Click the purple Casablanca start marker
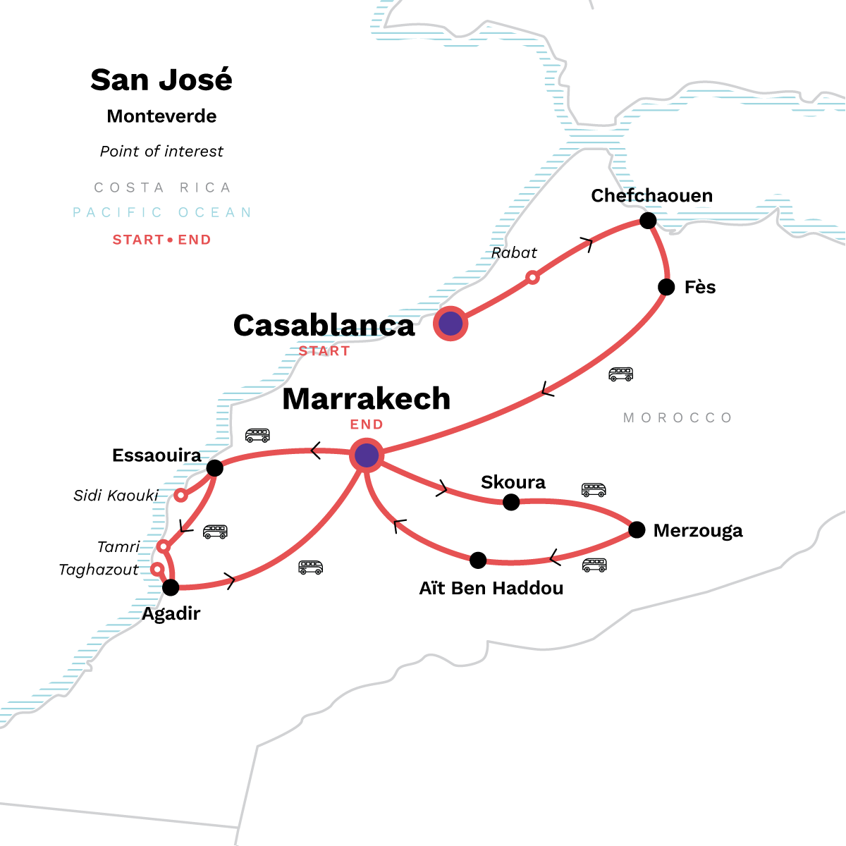(450, 324)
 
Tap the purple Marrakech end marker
(367, 455)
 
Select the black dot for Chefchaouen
(648, 221)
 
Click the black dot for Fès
(666, 287)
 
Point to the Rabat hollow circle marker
(533, 278)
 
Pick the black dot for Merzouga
(637, 529)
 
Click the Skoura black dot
(511, 502)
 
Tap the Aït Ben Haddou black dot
(478, 560)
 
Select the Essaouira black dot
(215, 467)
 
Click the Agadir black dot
(171, 587)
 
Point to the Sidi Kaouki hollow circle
(180, 495)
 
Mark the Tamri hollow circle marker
(164, 546)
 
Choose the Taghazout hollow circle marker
(157, 569)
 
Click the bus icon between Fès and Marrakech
(620, 374)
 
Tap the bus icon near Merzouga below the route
(594, 565)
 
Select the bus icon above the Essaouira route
(257, 435)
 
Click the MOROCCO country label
(678, 418)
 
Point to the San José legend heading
(161, 80)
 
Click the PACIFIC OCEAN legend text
(162, 212)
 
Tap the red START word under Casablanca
(324, 351)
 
